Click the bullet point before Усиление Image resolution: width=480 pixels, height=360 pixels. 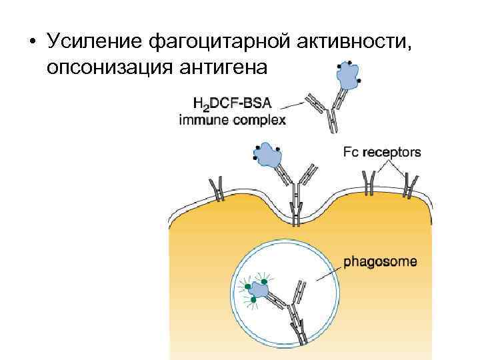click(x=31, y=41)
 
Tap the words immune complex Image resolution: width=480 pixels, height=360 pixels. click(x=233, y=120)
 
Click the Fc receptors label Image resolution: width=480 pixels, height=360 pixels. click(x=382, y=152)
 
